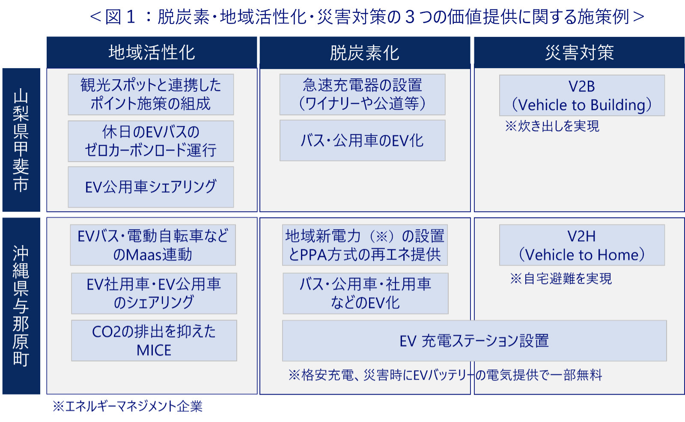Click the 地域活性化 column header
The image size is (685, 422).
point(152,52)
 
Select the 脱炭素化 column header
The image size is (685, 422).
point(365,53)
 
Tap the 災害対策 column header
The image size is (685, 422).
point(579,52)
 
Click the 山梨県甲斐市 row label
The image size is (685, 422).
point(21,140)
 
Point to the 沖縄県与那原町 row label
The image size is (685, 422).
point(21,306)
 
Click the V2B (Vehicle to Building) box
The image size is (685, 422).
point(582,95)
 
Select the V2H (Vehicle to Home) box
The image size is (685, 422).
point(582,245)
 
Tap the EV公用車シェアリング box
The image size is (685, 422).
point(151,187)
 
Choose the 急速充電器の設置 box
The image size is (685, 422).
point(362,94)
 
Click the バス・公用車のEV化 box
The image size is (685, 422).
point(362,141)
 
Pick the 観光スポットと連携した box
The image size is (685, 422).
point(151,94)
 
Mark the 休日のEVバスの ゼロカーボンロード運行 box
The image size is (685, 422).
point(151,141)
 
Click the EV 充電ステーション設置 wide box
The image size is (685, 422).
point(474,341)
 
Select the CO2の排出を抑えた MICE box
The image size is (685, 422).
point(154,341)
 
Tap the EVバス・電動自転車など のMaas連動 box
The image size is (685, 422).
point(153,245)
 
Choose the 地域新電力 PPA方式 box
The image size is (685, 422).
point(365,245)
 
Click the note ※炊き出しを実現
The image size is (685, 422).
point(552,126)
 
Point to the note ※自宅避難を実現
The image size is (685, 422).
point(561,278)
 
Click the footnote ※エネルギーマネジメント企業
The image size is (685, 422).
point(128,407)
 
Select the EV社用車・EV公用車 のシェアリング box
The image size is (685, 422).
point(154,293)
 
